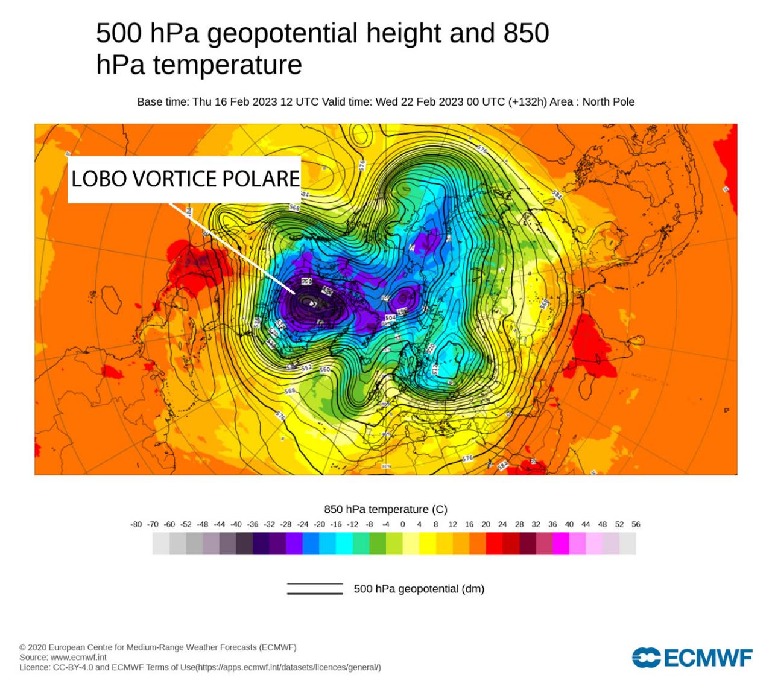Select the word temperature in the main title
[227, 65]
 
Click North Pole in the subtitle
[608, 102]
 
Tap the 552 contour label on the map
[306, 367]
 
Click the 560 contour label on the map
[324, 369]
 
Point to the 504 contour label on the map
[390, 317]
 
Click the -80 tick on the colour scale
[136, 524]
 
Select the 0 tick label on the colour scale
[402, 524]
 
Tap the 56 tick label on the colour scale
[636, 524]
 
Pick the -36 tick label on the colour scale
[253, 524]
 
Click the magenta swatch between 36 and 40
[561, 544]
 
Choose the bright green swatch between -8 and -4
[378, 544]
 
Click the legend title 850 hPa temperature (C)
[385, 509]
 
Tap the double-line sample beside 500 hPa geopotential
[314, 589]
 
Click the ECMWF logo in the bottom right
[692, 658]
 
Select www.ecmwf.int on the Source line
[78, 657]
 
